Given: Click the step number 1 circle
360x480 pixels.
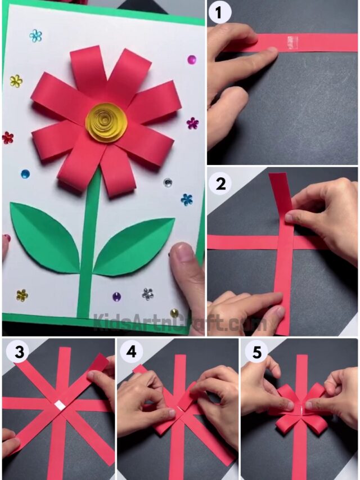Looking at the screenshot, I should click(x=220, y=13).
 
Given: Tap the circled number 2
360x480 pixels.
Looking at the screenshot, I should click(x=220, y=183).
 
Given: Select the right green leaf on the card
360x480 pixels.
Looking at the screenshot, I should click(x=135, y=245).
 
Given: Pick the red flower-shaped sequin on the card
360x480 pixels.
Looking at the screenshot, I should click(x=7, y=137).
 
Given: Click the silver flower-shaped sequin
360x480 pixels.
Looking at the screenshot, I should click(x=147, y=293).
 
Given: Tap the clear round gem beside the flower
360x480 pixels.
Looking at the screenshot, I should click(x=168, y=182).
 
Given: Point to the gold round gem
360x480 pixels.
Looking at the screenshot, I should click(x=174, y=313).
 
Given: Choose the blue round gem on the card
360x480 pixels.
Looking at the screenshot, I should click(x=25, y=174).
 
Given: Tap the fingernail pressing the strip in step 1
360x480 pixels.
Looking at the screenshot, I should click(x=269, y=51).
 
